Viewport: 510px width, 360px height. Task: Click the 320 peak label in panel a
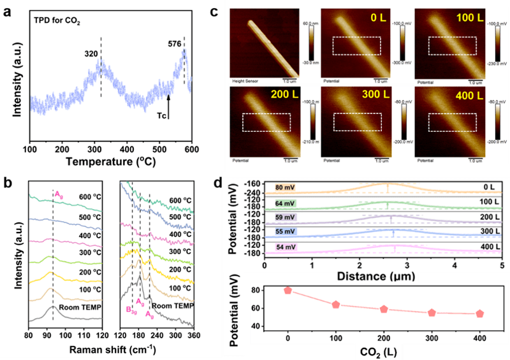click(x=91, y=55)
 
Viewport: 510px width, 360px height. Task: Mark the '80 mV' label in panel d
click(x=279, y=187)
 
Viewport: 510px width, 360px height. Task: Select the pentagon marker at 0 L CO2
click(x=288, y=290)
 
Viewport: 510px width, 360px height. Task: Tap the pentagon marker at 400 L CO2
click(x=479, y=313)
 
